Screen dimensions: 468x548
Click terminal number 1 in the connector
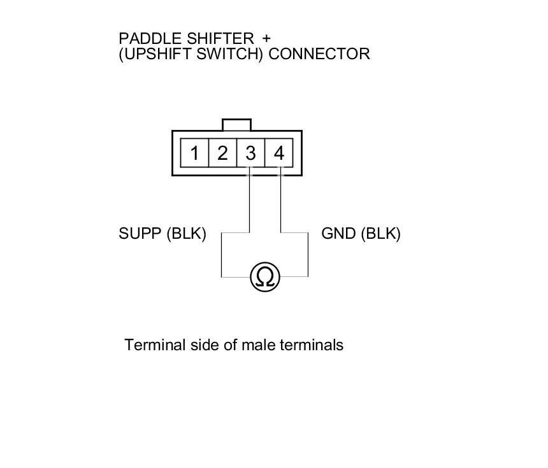pos(194,153)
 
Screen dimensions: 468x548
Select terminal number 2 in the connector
pos(222,153)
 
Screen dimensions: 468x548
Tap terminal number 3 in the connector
pos(250,153)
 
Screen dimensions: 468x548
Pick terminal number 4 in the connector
pos(278,153)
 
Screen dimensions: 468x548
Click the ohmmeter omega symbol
pos(265,277)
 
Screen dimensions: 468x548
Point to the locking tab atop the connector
pos(236,125)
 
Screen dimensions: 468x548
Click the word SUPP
pos(140,234)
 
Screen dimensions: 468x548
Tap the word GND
pos(338,234)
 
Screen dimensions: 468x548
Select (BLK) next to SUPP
pos(186,234)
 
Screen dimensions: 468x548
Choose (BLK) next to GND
pos(380,234)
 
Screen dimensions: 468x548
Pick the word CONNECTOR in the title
pos(319,53)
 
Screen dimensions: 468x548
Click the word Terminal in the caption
pos(155,345)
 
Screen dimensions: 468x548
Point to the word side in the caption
pos(205,345)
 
